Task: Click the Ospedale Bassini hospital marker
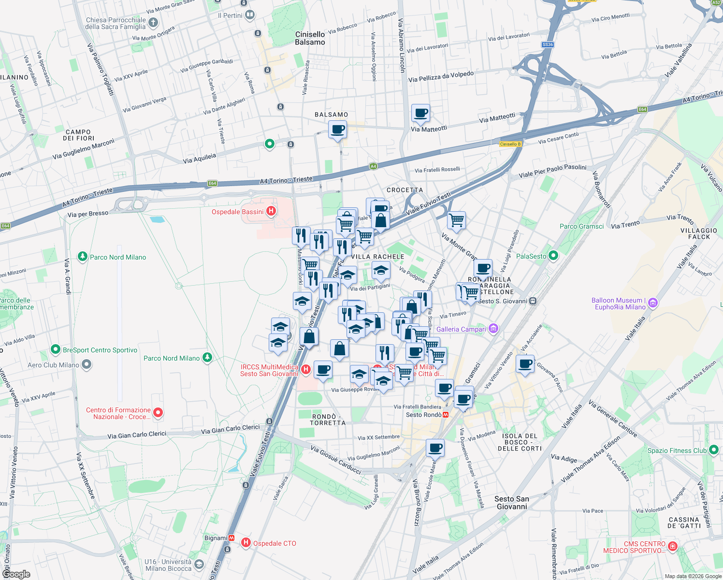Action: tap(271, 211)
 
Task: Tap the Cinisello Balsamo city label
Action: tap(310, 38)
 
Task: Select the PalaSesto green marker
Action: tap(553, 256)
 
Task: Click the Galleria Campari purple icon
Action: tap(493, 329)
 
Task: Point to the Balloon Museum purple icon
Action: tap(653, 303)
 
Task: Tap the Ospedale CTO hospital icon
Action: tap(246, 543)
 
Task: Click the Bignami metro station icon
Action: tap(232, 537)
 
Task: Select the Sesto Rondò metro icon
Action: tap(446, 415)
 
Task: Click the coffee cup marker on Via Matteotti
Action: tap(420, 114)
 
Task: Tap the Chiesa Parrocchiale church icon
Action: tap(153, 22)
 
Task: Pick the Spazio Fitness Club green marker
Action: tap(713, 450)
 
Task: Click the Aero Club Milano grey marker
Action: tap(87, 364)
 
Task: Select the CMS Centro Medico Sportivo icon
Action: tap(672, 546)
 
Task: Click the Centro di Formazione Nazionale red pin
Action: tap(158, 412)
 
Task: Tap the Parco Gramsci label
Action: tap(581, 226)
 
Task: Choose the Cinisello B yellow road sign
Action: tap(510, 144)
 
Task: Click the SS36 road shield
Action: tap(548, 44)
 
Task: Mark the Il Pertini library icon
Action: tap(249, 15)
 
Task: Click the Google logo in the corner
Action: tap(16, 574)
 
